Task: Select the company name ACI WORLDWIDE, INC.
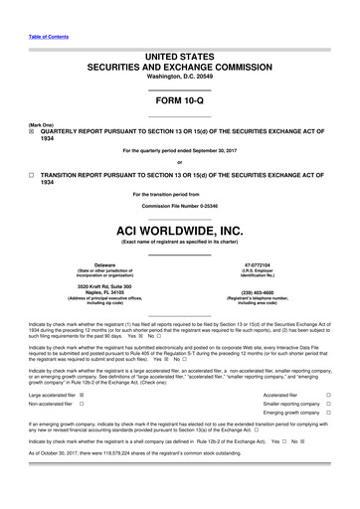[x=179, y=229]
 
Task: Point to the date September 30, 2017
[x=215, y=150]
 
